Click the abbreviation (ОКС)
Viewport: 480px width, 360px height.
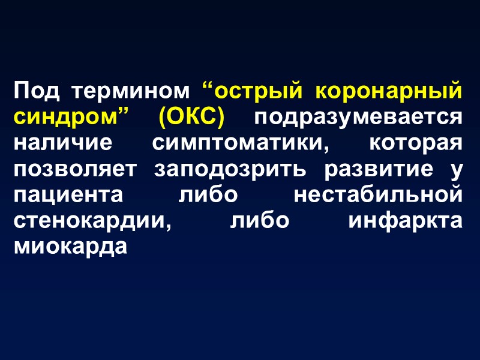coord(191,118)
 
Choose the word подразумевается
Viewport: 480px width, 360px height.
coord(358,118)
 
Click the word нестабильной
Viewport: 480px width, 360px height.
coord(377,195)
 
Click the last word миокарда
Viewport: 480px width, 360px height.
coord(70,247)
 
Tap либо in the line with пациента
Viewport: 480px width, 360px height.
coord(209,195)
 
